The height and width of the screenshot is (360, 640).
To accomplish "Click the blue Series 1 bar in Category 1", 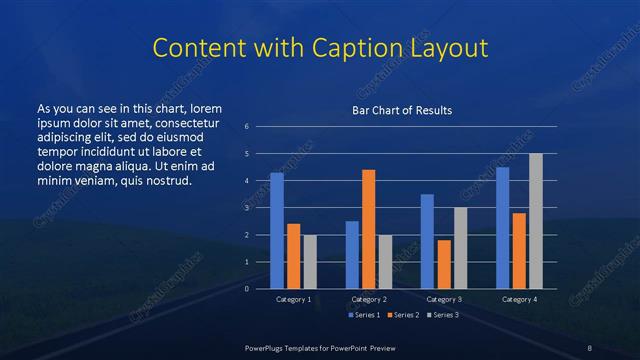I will [x=277, y=231].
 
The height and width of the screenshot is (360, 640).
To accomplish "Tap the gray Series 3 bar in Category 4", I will [x=535, y=221].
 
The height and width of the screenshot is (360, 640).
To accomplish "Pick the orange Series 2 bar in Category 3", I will [x=444, y=264].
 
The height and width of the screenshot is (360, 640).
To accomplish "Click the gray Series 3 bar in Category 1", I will [x=309, y=262].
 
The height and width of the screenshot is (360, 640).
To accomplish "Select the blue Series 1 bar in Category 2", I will [x=352, y=255].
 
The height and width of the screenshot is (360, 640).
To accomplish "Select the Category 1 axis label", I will [x=293, y=300].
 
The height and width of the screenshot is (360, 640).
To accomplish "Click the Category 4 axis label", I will [x=519, y=300].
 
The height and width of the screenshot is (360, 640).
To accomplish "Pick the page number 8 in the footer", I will [x=590, y=347].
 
